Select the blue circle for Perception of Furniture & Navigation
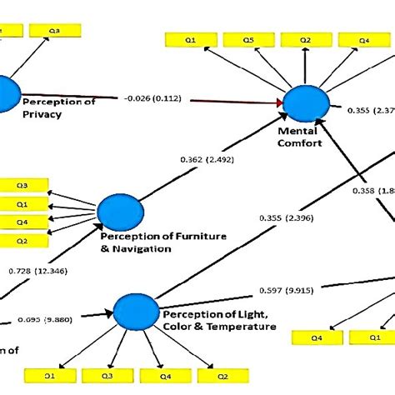pyautogui.click(x=116, y=212)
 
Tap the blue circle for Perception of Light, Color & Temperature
pyautogui.click(x=133, y=311)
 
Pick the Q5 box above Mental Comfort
pyautogui.click(x=248, y=39)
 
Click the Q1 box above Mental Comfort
pyautogui.click(x=191, y=39)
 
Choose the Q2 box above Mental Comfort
pyautogui.click(x=306, y=39)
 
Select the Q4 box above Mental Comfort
pyautogui.click(x=363, y=39)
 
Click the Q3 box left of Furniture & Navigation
pyautogui.click(x=22, y=186)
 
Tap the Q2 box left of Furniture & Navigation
pyautogui.click(x=22, y=241)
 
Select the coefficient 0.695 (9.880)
pyautogui.click(x=42, y=318)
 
